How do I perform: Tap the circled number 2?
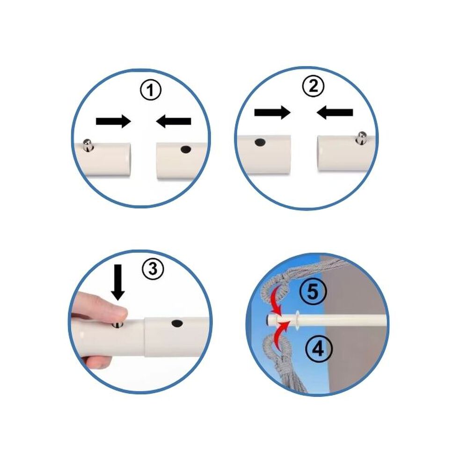pyautogui.click(x=313, y=87)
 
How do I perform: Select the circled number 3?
pyautogui.click(x=153, y=268)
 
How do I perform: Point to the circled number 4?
pyautogui.click(x=319, y=349)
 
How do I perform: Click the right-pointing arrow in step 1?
pyautogui.click(x=113, y=121)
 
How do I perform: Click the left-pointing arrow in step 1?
pyautogui.click(x=174, y=121)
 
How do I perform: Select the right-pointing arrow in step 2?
pyautogui.click(x=272, y=112)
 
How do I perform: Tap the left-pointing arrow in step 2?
pyautogui.click(x=335, y=112)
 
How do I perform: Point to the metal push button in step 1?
pyautogui.click(x=87, y=146)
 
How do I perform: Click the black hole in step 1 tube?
pyautogui.click(x=186, y=149)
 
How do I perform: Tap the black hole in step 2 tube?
pyautogui.click(x=260, y=142)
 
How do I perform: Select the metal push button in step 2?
pyautogui.click(x=362, y=138)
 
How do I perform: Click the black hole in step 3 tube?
pyautogui.click(x=177, y=323)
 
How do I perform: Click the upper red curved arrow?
pyautogui.click(x=277, y=300)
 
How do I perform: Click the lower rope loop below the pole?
pyautogui.click(x=278, y=346)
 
